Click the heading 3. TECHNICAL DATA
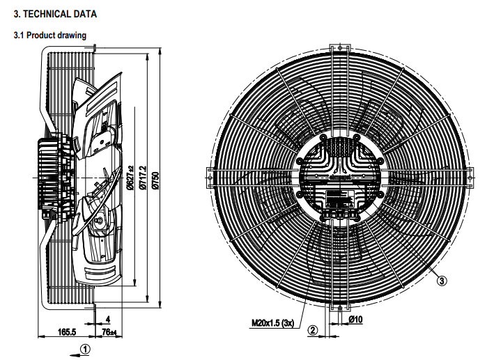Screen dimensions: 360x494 (56, 14)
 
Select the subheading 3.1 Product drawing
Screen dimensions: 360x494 (50, 35)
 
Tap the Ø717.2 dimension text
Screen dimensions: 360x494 (143, 179)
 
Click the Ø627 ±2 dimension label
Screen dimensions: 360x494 (130, 179)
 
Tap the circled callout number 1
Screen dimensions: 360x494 (84, 349)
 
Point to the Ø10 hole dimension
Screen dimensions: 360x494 (355, 320)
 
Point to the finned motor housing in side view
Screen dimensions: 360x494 (53, 174)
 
